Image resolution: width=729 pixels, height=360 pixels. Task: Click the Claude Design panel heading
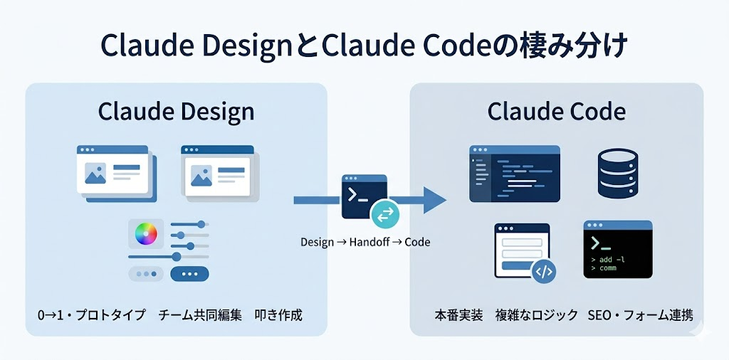pos(176,112)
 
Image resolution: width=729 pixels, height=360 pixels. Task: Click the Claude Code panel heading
pos(556,112)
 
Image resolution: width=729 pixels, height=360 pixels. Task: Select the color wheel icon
pos(145,233)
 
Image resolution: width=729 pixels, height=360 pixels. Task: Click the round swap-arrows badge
pos(385,212)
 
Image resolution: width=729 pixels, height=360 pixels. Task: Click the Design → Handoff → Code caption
pos(365,242)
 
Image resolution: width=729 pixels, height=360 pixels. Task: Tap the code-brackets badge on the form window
pos(543,271)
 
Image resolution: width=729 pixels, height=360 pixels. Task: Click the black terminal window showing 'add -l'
pos(617,248)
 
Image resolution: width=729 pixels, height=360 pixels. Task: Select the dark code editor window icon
pos(514,174)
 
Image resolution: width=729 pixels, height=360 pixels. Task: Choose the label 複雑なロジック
pos(536,314)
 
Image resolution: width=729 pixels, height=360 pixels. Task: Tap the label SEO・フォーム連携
pos(640,314)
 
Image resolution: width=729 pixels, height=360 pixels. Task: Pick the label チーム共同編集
pos(201,314)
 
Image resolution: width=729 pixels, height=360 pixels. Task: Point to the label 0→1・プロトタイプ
pos(91,314)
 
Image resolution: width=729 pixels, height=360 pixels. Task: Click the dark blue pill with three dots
pos(190,274)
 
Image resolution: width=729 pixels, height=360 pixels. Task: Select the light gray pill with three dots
pos(146,274)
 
